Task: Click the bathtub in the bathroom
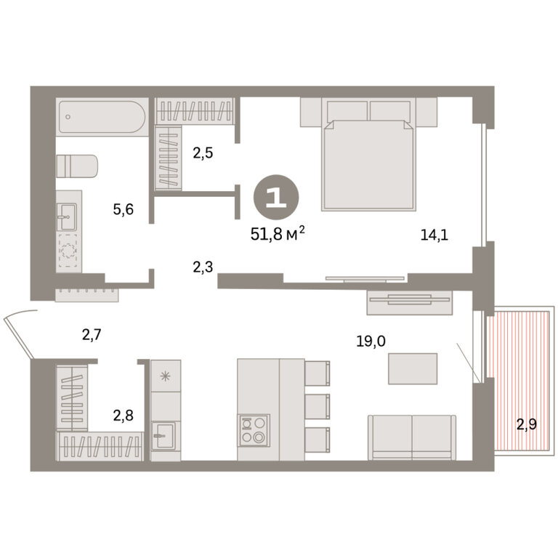coord(102,117)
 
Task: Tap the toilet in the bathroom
coord(76,166)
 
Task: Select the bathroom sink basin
coord(67,217)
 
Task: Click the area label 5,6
coord(123,209)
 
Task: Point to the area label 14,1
coord(434,235)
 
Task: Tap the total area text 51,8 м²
coord(278,233)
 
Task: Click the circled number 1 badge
coord(276,197)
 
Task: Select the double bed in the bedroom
coord(368,154)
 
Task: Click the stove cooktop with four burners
coord(254,430)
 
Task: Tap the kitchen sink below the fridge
coord(164,436)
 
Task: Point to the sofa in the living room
coord(412,437)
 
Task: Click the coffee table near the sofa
coord(413,368)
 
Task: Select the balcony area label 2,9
coord(526,424)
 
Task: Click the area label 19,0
coord(371,341)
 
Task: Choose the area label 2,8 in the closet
coord(123,415)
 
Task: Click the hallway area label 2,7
coord(92,334)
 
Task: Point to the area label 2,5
coord(203,153)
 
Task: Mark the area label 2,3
coord(203,267)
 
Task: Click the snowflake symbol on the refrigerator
coord(166,376)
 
